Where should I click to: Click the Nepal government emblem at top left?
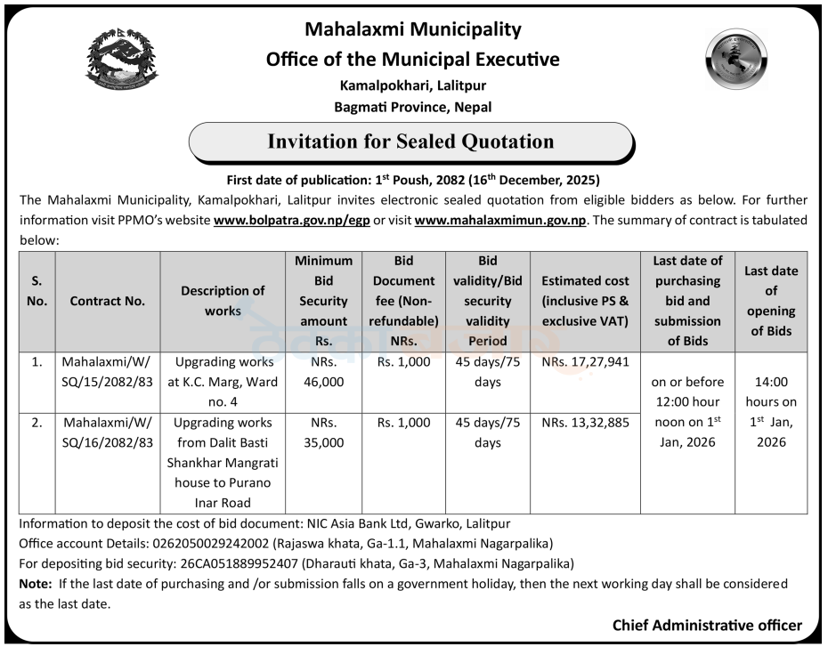coord(122,61)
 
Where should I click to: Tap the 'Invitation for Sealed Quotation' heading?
coord(410,142)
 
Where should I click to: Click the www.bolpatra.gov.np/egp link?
coord(293,220)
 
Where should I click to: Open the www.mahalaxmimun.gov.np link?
coord(500,220)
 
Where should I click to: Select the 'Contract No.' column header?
coord(108,301)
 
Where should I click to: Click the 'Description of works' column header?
coord(223,301)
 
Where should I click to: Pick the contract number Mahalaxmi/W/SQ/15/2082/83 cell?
coord(108,372)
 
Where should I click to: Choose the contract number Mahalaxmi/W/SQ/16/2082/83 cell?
coord(108,433)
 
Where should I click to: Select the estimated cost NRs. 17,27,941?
coord(585,363)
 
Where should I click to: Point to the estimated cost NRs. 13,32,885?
coord(585,423)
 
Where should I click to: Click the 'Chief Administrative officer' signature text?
coord(707,626)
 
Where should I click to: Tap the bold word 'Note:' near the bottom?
coord(36,584)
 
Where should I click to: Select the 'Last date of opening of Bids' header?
coord(770,301)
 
